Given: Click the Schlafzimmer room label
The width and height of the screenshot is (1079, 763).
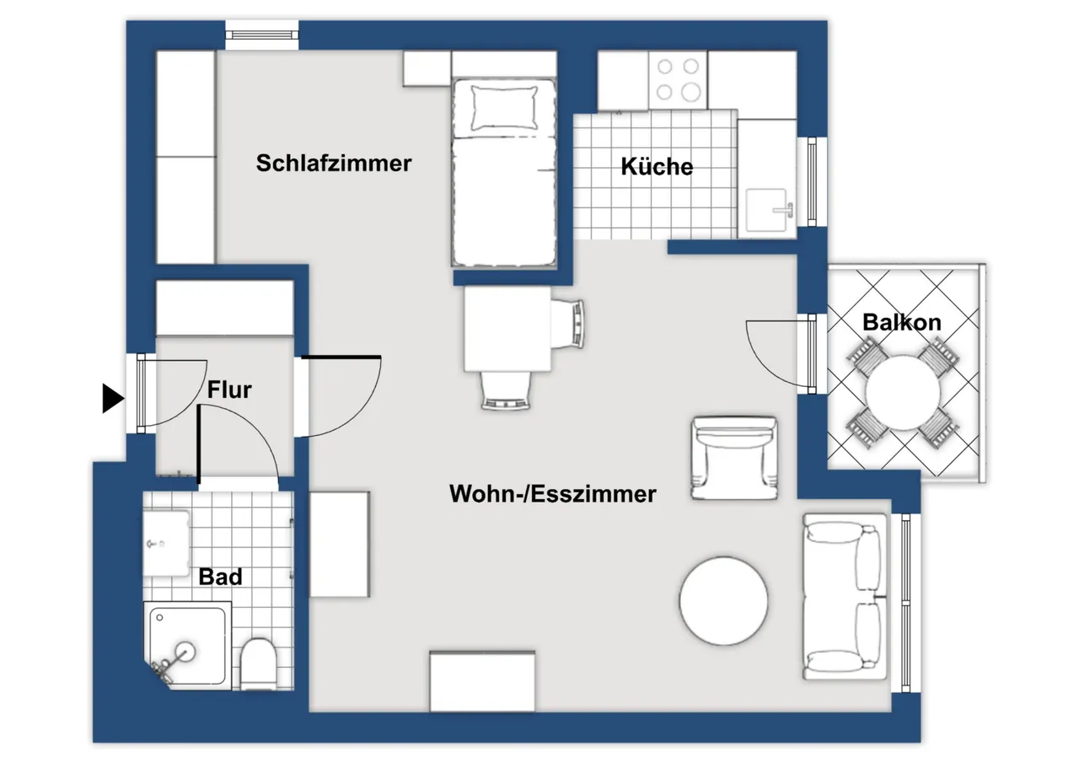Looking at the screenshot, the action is [334, 163].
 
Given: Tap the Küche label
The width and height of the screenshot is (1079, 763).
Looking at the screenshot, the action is [657, 166].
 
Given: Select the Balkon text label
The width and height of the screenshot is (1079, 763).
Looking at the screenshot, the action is [902, 322].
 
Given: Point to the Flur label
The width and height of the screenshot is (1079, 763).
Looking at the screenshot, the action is [229, 390].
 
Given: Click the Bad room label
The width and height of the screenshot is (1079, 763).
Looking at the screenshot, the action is [220, 577].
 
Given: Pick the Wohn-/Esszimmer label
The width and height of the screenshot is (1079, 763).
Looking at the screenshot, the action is [552, 494].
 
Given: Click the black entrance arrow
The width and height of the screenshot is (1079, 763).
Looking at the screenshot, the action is [113, 398].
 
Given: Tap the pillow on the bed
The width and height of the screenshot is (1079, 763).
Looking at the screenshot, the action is [504, 108].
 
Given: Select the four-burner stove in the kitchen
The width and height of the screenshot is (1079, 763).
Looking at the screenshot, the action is [678, 80].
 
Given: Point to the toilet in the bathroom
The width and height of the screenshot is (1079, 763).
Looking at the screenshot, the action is [258, 664].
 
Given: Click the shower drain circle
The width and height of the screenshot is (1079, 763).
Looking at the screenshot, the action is [185, 652].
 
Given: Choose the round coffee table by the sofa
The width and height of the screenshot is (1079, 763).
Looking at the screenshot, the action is [723, 600].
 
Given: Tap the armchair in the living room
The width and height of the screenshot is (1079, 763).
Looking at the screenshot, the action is [734, 458].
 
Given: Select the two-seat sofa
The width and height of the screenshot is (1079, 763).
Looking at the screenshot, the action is [845, 597].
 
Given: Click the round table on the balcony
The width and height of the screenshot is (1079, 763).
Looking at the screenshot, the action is [903, 393].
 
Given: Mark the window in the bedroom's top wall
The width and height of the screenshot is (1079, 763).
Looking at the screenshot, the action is [262, 35].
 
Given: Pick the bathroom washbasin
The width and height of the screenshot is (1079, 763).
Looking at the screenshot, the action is [167, 543].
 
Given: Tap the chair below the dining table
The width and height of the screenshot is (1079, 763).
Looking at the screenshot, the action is [505, 391].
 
